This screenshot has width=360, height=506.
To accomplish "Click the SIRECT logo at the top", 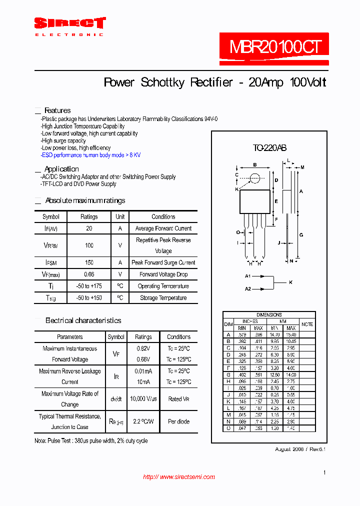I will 69,23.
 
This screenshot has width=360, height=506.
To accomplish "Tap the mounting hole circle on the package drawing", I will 255,178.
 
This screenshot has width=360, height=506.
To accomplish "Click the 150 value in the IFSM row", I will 89,262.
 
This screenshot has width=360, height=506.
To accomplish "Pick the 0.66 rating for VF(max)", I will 89,274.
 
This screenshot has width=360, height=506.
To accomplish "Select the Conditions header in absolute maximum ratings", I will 163,217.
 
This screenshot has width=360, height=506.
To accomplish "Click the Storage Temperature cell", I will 163,298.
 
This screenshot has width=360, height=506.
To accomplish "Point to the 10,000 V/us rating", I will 143,399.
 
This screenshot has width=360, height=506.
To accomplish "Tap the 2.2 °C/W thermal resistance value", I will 143,421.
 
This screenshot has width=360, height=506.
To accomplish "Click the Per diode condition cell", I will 178,421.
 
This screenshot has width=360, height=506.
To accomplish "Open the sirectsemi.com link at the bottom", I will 179,477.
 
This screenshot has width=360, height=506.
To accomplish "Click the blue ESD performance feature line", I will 90,155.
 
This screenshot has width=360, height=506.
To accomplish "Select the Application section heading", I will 61,169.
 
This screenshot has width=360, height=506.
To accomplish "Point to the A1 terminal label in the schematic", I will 247,276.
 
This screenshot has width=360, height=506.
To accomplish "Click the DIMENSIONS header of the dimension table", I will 269,315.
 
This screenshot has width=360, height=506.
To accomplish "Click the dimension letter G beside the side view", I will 301,234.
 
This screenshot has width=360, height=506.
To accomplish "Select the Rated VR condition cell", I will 178,399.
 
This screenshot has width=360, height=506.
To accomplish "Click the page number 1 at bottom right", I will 324,472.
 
